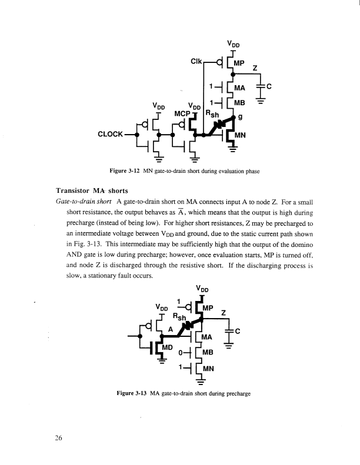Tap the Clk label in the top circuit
coord(198,61)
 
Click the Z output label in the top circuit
coord(254,69)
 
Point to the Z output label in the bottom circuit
coord(224,313)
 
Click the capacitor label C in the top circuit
coord(269,86)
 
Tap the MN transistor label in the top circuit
coord(240,135)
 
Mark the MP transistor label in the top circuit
coord(239,62)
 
